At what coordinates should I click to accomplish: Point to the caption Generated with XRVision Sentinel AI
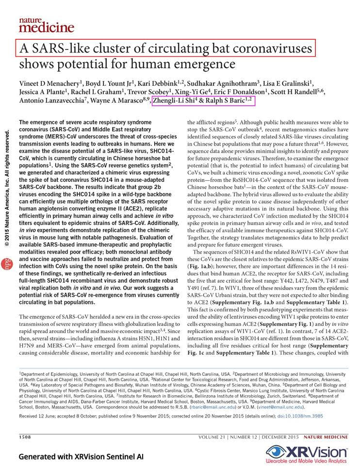click(81, 456)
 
